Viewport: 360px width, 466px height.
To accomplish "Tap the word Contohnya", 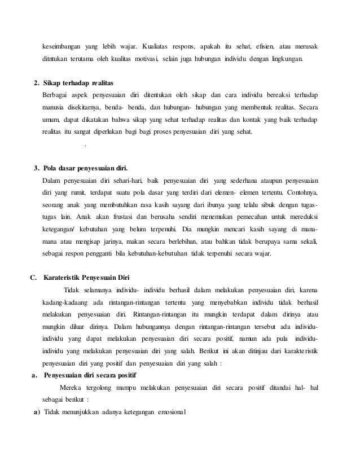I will tap(298, 193).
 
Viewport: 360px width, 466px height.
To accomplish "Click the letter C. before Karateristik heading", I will tap(33, 276).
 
